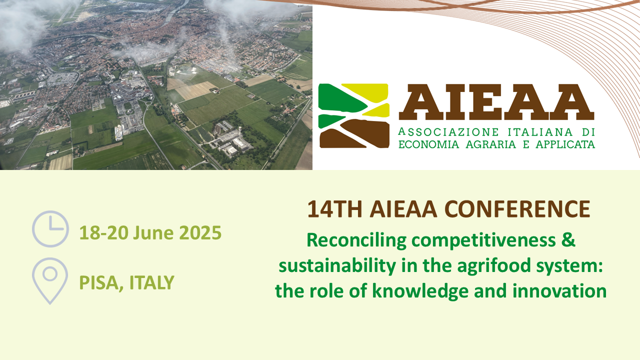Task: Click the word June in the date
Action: click(x=153, y=233)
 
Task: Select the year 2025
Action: click(x=200, y=233)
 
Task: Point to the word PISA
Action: click(x=101, y=283)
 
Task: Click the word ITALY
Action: click(x=151, y=282)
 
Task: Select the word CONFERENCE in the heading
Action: click(x=517, y=209)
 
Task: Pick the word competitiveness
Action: click(x=483, y=240)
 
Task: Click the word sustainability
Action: click(x=337, y=265)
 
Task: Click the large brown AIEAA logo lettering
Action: click(x=496, y=102)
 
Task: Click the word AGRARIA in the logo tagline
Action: click(x=490, y=144)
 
